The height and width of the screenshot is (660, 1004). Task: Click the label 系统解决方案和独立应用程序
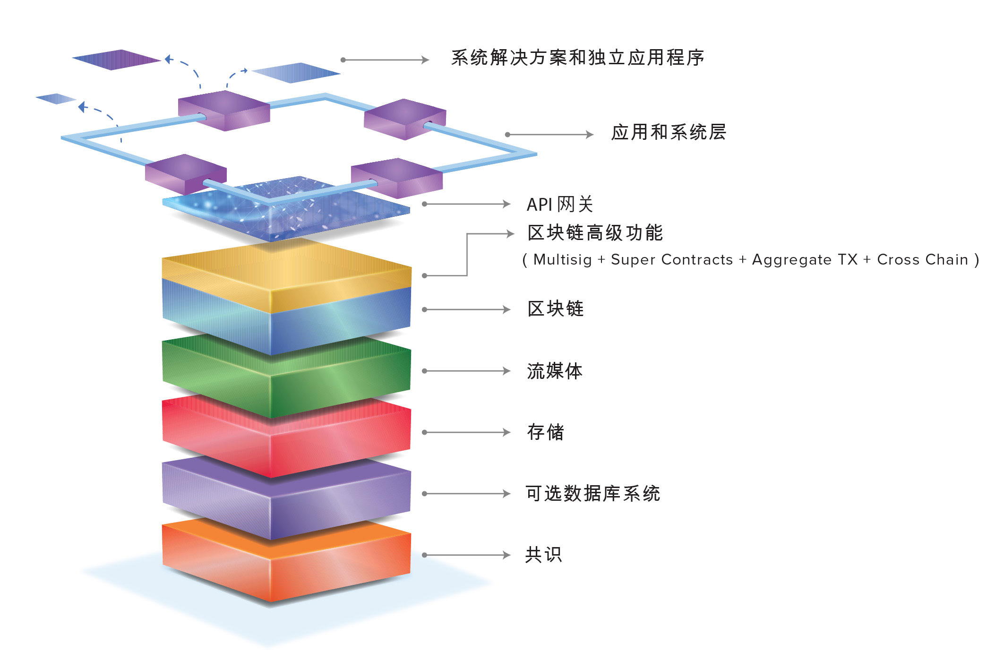click(577, 58)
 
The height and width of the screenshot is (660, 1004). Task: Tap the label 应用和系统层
click(668, 132)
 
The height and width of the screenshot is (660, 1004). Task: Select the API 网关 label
click(559, 205)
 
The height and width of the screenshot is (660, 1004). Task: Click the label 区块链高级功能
click(595, 233)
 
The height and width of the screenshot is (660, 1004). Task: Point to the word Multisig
click(562, 260)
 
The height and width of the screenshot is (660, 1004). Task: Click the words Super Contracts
click(671, 260)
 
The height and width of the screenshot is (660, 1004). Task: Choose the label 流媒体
click(555, 371)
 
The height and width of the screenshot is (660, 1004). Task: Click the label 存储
click(546, 432)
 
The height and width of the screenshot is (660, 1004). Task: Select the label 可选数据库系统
click(593, 494)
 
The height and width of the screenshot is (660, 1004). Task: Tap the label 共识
click(543, 555)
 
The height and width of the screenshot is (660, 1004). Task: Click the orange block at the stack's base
click(286, 562)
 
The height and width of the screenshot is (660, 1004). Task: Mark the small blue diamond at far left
click(56, 99)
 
